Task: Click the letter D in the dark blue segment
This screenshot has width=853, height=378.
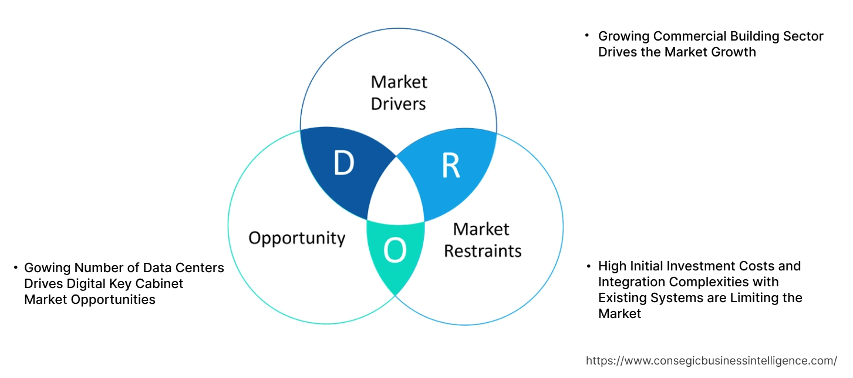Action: [x=343, y=163]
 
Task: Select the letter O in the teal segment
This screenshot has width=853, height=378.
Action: [x=395, y=252]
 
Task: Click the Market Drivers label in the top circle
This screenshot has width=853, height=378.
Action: [x=399, y=92]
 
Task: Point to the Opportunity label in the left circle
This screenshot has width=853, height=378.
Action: [x=296, y=238]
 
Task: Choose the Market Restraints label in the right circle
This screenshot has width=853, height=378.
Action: [x=483, y=240]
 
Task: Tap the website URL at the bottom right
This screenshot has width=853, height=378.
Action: [x=712, y=360]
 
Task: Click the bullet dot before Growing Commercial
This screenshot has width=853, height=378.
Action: [x=586, y=36]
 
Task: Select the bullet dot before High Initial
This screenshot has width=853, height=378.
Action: [x=588, y=266]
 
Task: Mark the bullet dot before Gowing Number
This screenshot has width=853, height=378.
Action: [x=16, y=268]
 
